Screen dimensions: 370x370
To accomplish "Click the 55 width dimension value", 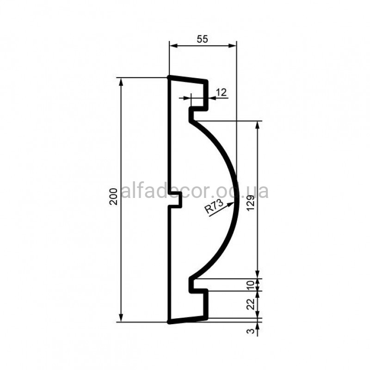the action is point(203,39).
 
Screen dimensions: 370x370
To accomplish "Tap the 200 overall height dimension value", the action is point(114,196).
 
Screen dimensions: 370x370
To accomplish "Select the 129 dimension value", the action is point(251,203).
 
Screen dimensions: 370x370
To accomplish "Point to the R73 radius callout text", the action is point(214,206).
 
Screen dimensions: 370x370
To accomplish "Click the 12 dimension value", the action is point(221,92).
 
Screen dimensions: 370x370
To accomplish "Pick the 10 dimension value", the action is point(251,285).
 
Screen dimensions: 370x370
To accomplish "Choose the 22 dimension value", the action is point(251,304).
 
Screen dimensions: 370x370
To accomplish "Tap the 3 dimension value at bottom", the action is point(252,331).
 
